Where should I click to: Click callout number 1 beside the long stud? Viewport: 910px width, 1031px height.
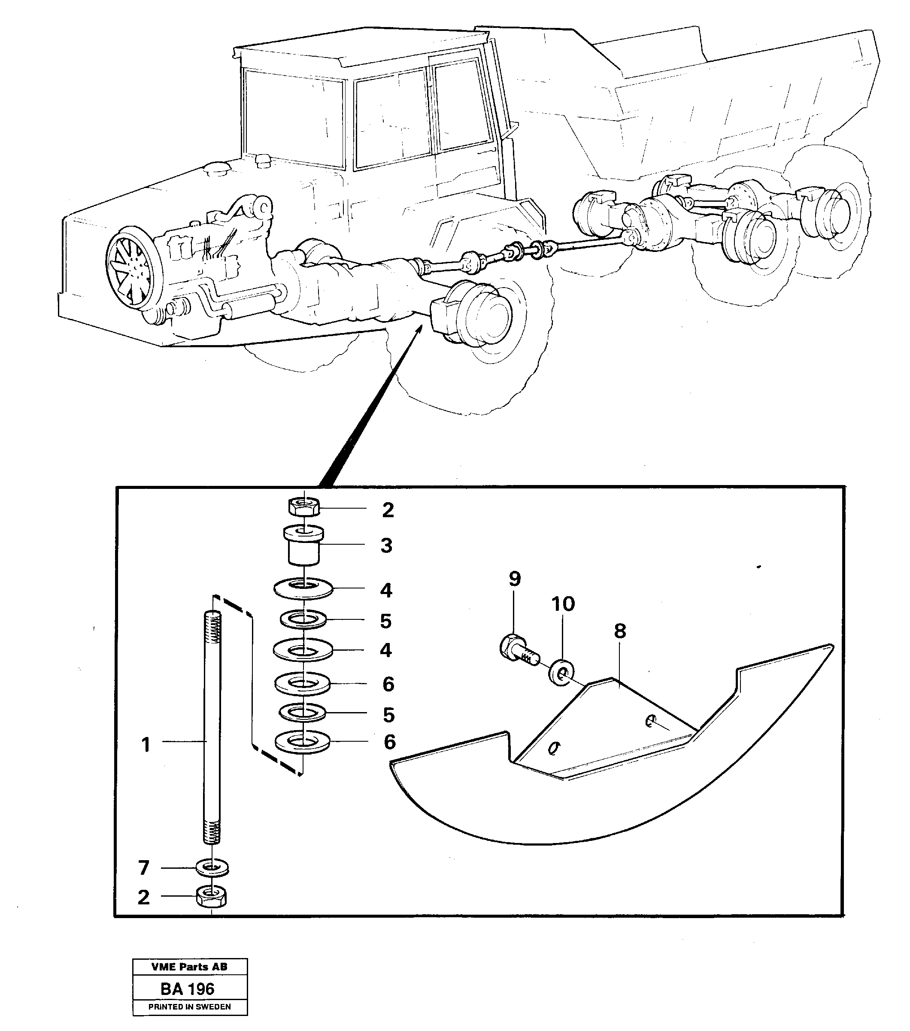coord(146,745)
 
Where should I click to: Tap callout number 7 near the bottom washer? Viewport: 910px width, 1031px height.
coord(144,867)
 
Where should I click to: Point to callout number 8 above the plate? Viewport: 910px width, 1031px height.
coord(620,631)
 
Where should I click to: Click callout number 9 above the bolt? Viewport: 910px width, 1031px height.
coord(515,579)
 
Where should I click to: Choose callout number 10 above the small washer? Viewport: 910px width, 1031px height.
coord(563,604)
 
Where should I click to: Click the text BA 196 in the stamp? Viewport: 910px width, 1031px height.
coord(188,989)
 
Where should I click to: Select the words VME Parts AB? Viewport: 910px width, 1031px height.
coord(189,967)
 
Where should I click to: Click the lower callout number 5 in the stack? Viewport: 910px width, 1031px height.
coord(388,714)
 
